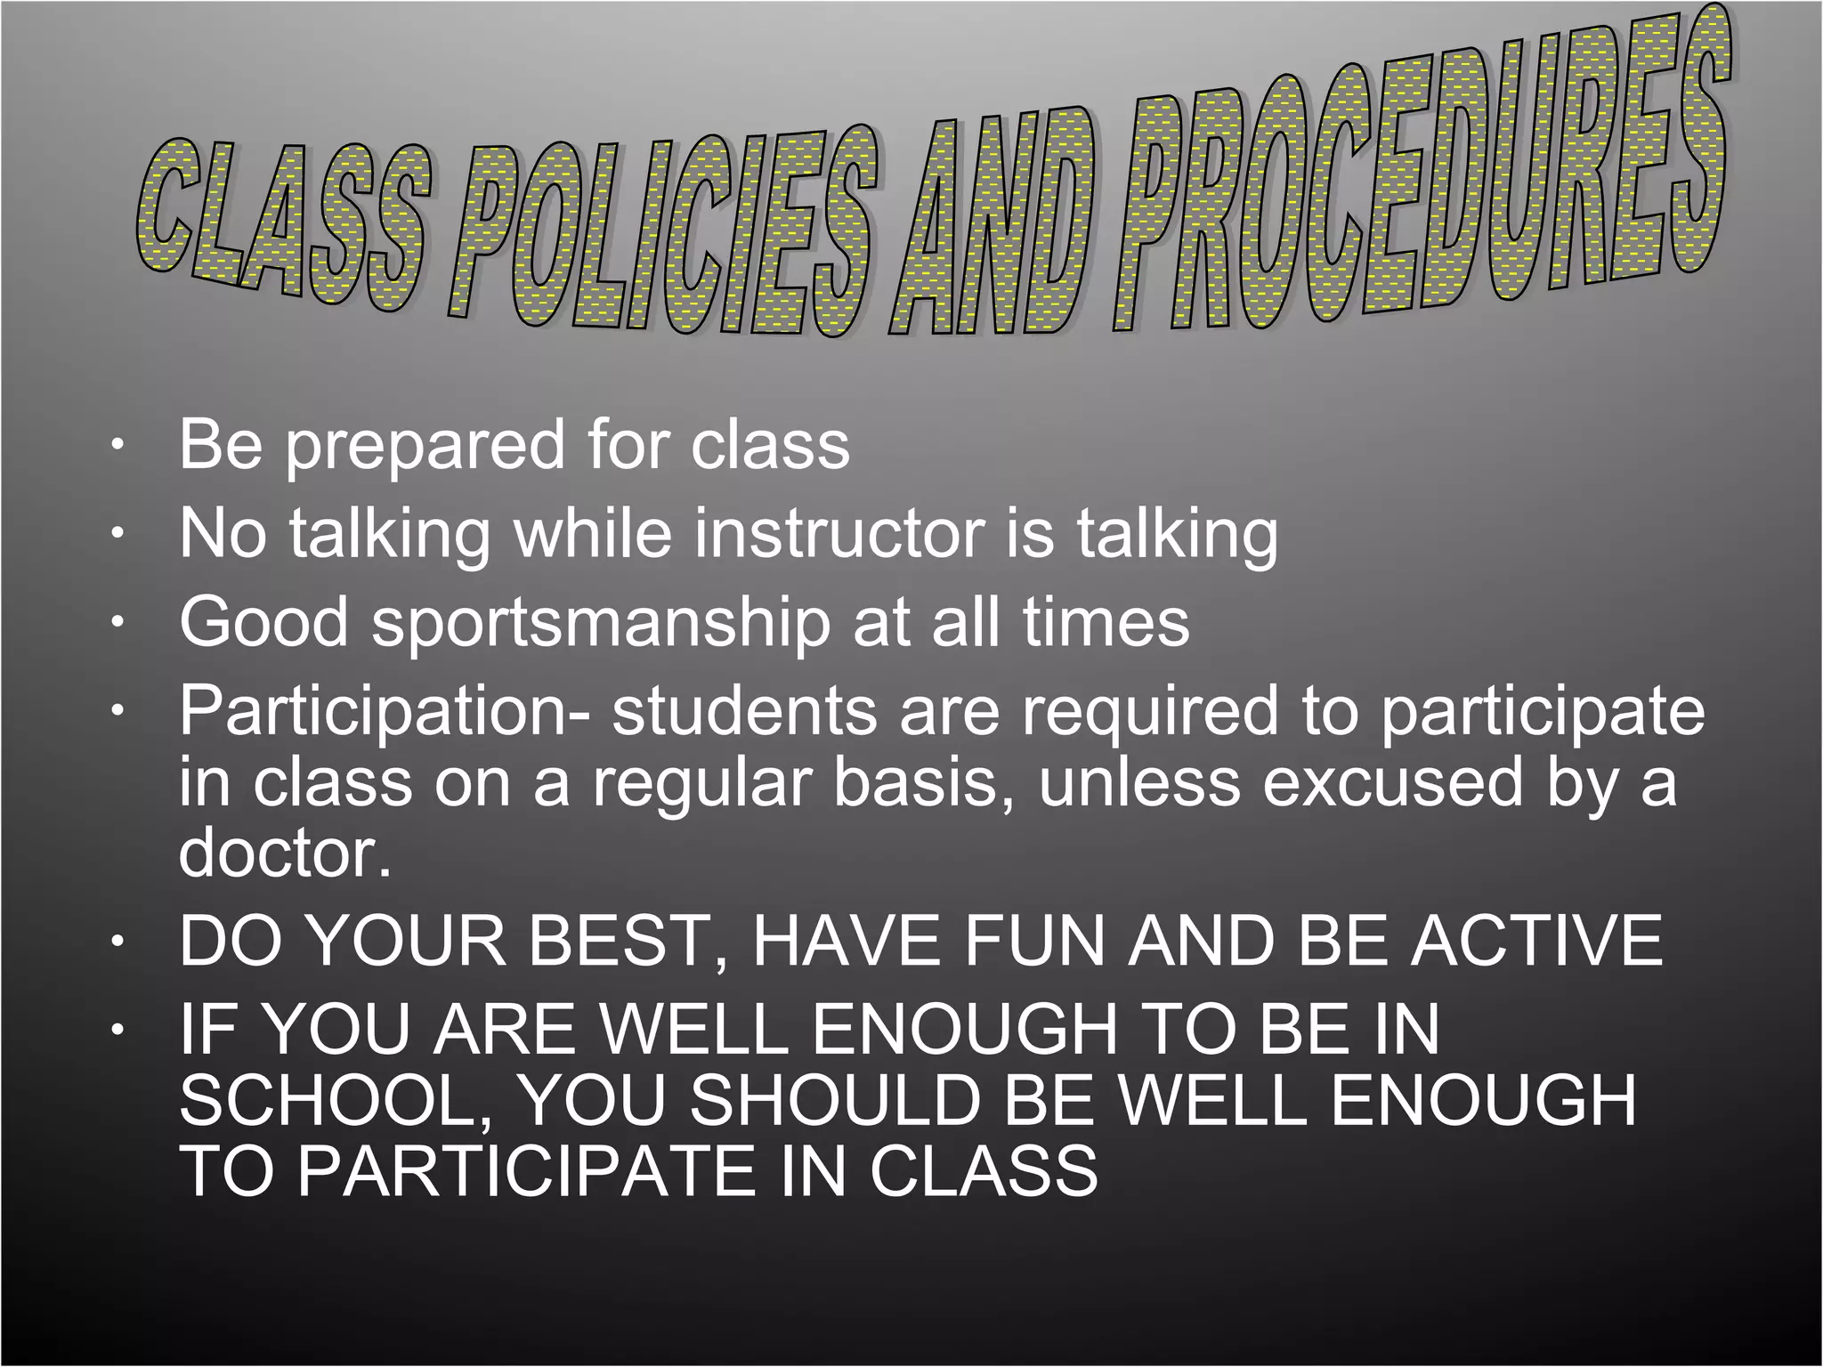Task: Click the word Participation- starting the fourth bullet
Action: [383, 711]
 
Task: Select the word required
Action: [1148, 711]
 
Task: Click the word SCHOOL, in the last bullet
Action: [337, 1100]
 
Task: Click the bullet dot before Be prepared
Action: [115, 447]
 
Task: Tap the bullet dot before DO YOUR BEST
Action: [115, 942]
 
